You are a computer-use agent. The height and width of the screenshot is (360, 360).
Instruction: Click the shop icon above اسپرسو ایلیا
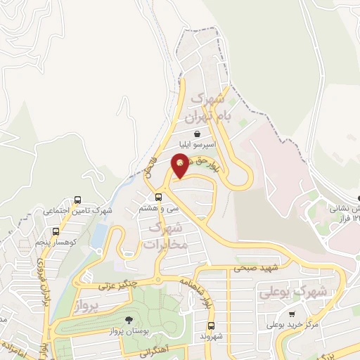point(198,133)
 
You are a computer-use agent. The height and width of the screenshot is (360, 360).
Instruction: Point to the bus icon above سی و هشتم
point(159,196)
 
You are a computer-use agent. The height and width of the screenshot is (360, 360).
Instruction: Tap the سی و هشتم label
point(159,208)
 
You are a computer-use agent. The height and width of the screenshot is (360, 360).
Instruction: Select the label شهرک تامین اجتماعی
point(78,210)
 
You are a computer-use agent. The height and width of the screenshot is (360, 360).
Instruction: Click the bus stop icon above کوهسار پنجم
point(56,231)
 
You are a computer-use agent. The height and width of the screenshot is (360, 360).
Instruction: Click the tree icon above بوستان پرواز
point(128,320)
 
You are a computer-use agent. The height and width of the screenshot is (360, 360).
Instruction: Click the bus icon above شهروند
point(211,325)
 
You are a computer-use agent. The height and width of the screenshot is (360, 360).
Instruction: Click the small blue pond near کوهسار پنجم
point(99,235)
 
